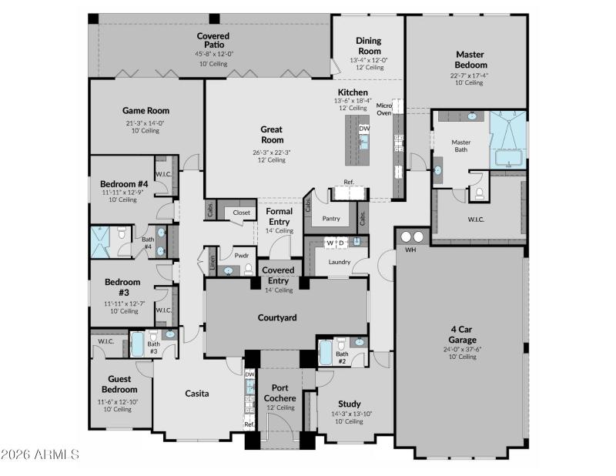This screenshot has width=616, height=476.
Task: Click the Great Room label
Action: pos(272,135)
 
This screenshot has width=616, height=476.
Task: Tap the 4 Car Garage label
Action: pos(463,335)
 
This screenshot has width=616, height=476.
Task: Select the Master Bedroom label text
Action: pos(469,60)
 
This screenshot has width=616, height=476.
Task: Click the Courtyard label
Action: pos(277,317)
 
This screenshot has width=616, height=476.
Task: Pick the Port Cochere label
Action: pos(280,393)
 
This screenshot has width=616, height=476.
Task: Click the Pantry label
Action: pos(331,218)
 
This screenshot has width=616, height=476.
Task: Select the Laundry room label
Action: pos(340,262)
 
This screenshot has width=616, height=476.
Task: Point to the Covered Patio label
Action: pos(213,40)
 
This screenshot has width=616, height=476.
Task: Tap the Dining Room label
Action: pos(369,46)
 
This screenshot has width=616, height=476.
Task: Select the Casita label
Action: pos(197,394)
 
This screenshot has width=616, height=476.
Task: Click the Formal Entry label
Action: pos(279,216)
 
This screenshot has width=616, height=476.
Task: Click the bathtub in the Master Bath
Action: pos(509,158)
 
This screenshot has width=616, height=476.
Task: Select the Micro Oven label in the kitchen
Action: pos(383,109)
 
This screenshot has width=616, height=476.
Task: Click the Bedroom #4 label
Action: pos(124,184)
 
